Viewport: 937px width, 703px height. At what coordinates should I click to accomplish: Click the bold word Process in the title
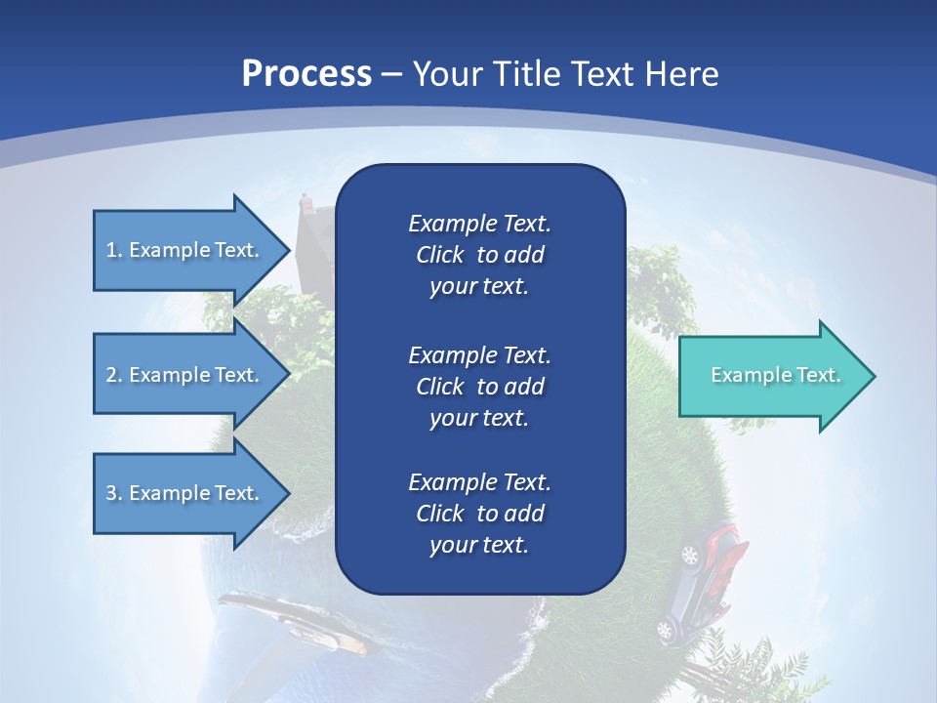point(306,74)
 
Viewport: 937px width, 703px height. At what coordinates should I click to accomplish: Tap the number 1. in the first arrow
point(114,250)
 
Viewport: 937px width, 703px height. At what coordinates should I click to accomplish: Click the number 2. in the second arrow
point(114,375)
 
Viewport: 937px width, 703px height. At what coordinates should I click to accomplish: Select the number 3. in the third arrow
point(114,493)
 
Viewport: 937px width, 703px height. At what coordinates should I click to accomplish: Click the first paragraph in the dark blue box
point(479,255)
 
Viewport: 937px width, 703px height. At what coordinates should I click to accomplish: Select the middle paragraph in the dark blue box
point(479,387)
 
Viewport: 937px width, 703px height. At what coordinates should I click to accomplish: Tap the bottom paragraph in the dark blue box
point(479,514)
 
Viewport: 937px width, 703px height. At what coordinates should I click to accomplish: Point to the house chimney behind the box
point(306,203)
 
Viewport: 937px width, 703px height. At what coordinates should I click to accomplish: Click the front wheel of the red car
point(690,556)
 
